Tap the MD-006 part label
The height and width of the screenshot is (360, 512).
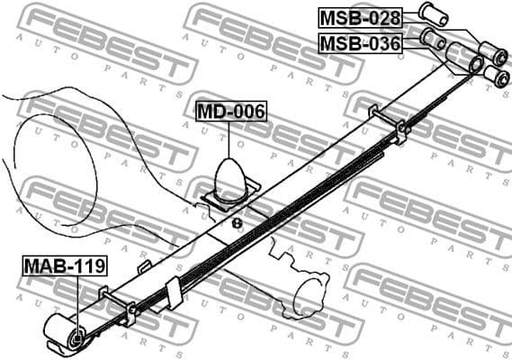click(231, 112)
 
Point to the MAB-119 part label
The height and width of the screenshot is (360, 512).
click(65, 265)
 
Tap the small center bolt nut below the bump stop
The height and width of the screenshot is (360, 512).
click(237, 222)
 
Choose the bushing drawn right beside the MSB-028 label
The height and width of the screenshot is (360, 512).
click(433, 13)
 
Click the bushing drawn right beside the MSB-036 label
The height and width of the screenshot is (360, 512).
click(433, 39)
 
